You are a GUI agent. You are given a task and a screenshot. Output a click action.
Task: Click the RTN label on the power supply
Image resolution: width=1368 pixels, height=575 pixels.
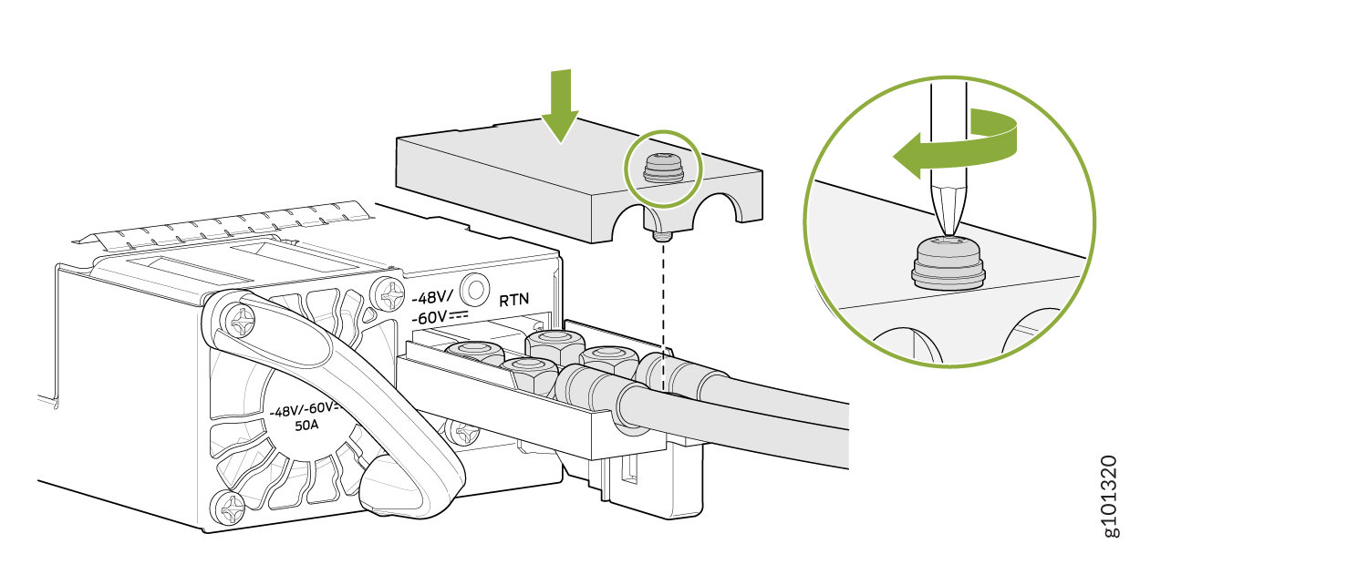coord(513,301)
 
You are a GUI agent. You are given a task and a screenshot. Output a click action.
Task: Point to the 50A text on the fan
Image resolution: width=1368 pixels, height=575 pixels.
coord(306,426)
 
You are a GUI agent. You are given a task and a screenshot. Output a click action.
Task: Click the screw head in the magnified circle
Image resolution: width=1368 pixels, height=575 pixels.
coord(948,262)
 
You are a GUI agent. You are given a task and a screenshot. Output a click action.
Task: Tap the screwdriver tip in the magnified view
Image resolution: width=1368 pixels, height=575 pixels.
coord(948,229)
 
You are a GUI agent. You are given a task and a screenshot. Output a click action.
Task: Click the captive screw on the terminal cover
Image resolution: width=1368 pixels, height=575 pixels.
coord(663,169)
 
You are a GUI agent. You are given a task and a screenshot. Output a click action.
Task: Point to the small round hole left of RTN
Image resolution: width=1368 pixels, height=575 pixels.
coord(474,288)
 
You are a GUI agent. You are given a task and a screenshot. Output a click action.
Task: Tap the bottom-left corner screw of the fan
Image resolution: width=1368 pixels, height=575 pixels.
coord(228,506)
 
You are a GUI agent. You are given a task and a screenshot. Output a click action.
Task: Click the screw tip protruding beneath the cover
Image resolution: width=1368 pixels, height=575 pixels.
coord(662,236)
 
